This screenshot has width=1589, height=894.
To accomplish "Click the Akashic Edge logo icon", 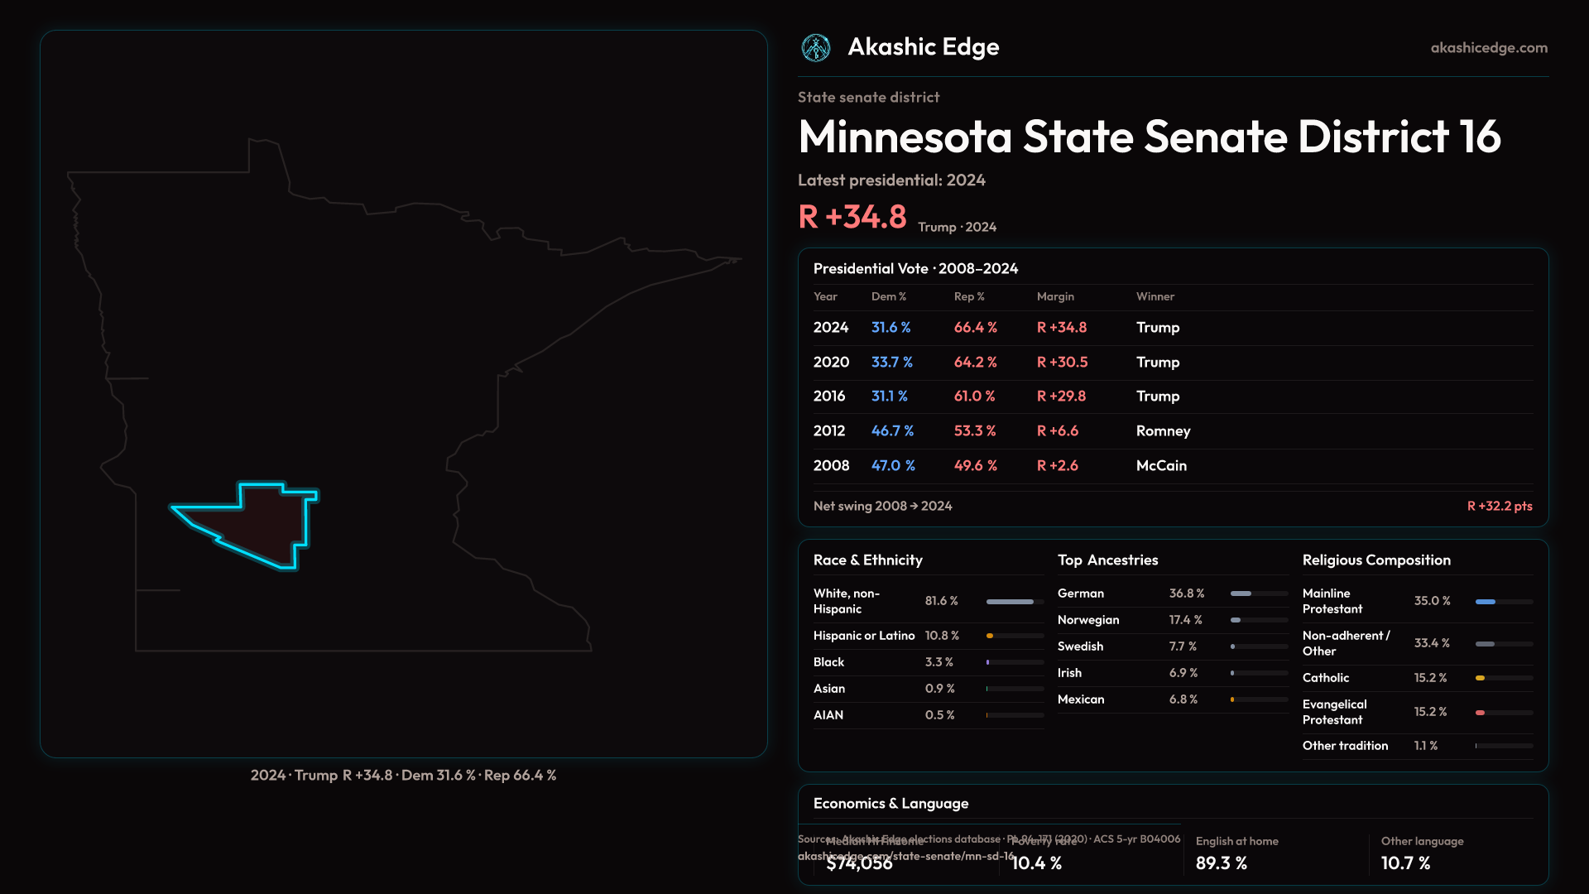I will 816,48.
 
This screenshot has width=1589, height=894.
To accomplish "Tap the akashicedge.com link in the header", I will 1489,48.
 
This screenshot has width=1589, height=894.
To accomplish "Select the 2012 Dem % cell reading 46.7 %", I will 892,431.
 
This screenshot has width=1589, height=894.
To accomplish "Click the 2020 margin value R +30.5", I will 1062,363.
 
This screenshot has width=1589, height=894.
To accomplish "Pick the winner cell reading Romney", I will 1163,431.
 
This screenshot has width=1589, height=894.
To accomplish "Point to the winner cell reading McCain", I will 1161,466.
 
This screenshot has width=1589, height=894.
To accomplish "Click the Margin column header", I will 1055,296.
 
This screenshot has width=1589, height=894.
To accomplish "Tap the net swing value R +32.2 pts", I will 1500,506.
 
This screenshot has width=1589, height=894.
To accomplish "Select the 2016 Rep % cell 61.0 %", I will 974,397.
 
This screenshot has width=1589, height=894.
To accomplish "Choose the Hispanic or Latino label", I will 864,636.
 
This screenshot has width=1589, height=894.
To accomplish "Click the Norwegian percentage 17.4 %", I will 1185,620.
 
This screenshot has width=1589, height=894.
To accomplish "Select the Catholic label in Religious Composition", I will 1326,678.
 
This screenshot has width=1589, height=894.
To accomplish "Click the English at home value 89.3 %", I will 1221,863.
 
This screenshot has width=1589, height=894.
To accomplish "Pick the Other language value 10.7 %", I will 1405,863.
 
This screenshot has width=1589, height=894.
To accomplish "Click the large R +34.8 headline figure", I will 852,217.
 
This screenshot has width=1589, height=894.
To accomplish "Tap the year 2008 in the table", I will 831,466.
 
